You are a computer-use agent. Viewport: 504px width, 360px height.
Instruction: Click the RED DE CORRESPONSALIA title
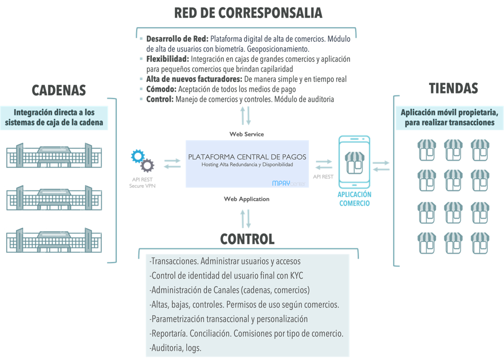[x=248, y=13]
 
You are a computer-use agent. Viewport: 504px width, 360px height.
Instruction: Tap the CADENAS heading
[x=59, y=90]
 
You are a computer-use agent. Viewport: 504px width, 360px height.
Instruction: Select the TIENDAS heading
[x=453, y=89]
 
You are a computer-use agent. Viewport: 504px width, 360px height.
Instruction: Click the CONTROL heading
[x=247, y=239]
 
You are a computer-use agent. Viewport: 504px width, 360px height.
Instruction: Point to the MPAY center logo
[x=288, y=183]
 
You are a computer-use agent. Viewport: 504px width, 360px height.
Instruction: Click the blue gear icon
[x=138, y=156]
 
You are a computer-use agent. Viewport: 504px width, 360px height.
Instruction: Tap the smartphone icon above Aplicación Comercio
[x=354, y=161]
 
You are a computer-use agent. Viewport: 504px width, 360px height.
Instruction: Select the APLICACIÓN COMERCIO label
[x=354, y=199]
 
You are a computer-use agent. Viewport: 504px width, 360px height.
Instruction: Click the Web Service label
[x=246, y=134]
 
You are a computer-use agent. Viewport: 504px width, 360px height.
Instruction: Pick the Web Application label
[x=246, y=199]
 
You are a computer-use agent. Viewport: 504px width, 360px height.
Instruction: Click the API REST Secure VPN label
[x=142, y=183]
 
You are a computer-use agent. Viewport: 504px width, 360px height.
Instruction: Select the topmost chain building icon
[x=54, y=155]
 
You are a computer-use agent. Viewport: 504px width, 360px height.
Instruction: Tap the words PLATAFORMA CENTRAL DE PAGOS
[x=247, y=157]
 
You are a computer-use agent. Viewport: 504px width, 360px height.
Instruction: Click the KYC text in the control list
[x=296, y=276]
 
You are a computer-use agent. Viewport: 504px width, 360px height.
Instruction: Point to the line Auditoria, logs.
[x=175, y=348]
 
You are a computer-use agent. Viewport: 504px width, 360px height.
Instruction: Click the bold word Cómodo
[x=161, y=89]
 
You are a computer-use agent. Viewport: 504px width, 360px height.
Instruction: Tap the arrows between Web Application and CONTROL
[x=245, y=218]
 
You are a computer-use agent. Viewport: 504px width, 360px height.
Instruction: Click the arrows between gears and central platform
[x=172, y=164]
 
